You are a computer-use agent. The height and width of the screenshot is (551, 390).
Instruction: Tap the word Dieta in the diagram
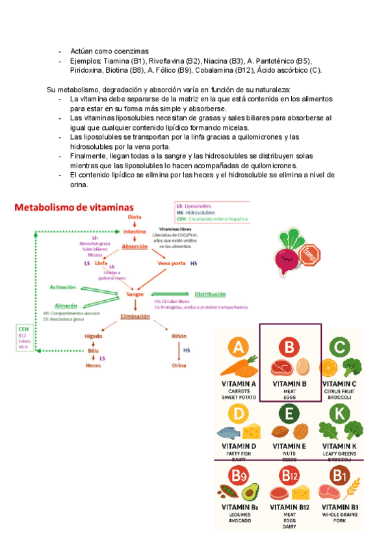(x=135, y=216)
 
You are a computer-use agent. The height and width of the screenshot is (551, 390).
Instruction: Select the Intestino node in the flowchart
(x=135, y=231)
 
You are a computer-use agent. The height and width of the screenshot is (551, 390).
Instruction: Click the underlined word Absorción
(x=135, y=247)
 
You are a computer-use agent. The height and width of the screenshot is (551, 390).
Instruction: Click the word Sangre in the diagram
(x=135, y=294)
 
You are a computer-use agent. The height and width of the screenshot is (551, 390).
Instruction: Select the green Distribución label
(x=209, y=294)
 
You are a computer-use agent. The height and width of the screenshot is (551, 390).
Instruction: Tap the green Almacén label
(x=66, y=305)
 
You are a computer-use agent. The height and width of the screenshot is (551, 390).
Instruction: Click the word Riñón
(x=179, y=336)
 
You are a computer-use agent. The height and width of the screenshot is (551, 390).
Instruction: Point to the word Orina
(x=179, y=365)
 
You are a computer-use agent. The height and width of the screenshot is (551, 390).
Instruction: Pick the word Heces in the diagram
(x=94, y=365)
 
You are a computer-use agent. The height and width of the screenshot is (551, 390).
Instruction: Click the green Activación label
(x=63, y=287)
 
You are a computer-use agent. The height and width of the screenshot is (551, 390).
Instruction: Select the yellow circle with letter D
(x=239, y=413)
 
